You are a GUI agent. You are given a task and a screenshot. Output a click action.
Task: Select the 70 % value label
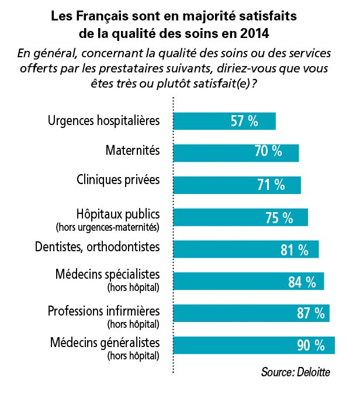pos(268,153)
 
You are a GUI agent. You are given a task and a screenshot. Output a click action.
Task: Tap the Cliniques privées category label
pos(118,179)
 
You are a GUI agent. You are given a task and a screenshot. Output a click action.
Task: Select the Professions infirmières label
pos(105,309)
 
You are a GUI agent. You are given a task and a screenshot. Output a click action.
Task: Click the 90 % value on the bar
pos(310,345)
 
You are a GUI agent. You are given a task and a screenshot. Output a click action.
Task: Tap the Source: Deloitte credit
pos(296,372)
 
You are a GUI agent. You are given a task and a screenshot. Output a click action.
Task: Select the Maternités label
pos(133,151)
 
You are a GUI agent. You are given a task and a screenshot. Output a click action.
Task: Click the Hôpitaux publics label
pos(119,213)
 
